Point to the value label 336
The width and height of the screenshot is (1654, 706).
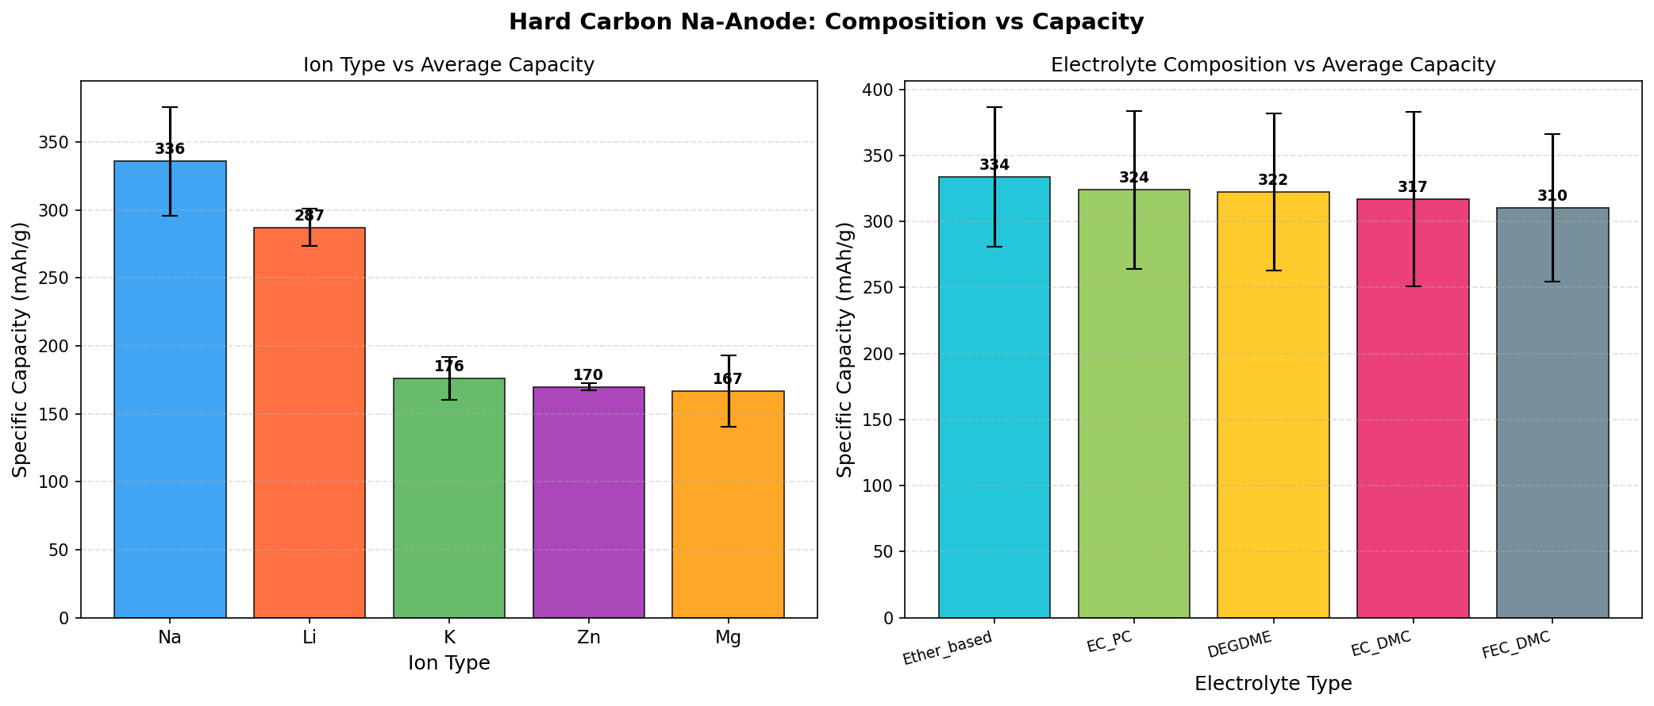coord(170,149)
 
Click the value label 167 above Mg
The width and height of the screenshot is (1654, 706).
coord(728,379)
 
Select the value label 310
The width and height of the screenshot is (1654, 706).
coord(1552,196)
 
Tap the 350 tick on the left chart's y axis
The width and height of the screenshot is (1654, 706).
coord(57,143)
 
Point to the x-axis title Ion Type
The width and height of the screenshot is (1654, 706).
coord(449,663)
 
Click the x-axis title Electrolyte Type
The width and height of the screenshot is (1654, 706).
coord(1273,684)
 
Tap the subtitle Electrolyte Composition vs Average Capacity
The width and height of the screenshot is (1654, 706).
coord(1273,65)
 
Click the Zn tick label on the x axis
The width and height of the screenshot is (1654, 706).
coord(588,638)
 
